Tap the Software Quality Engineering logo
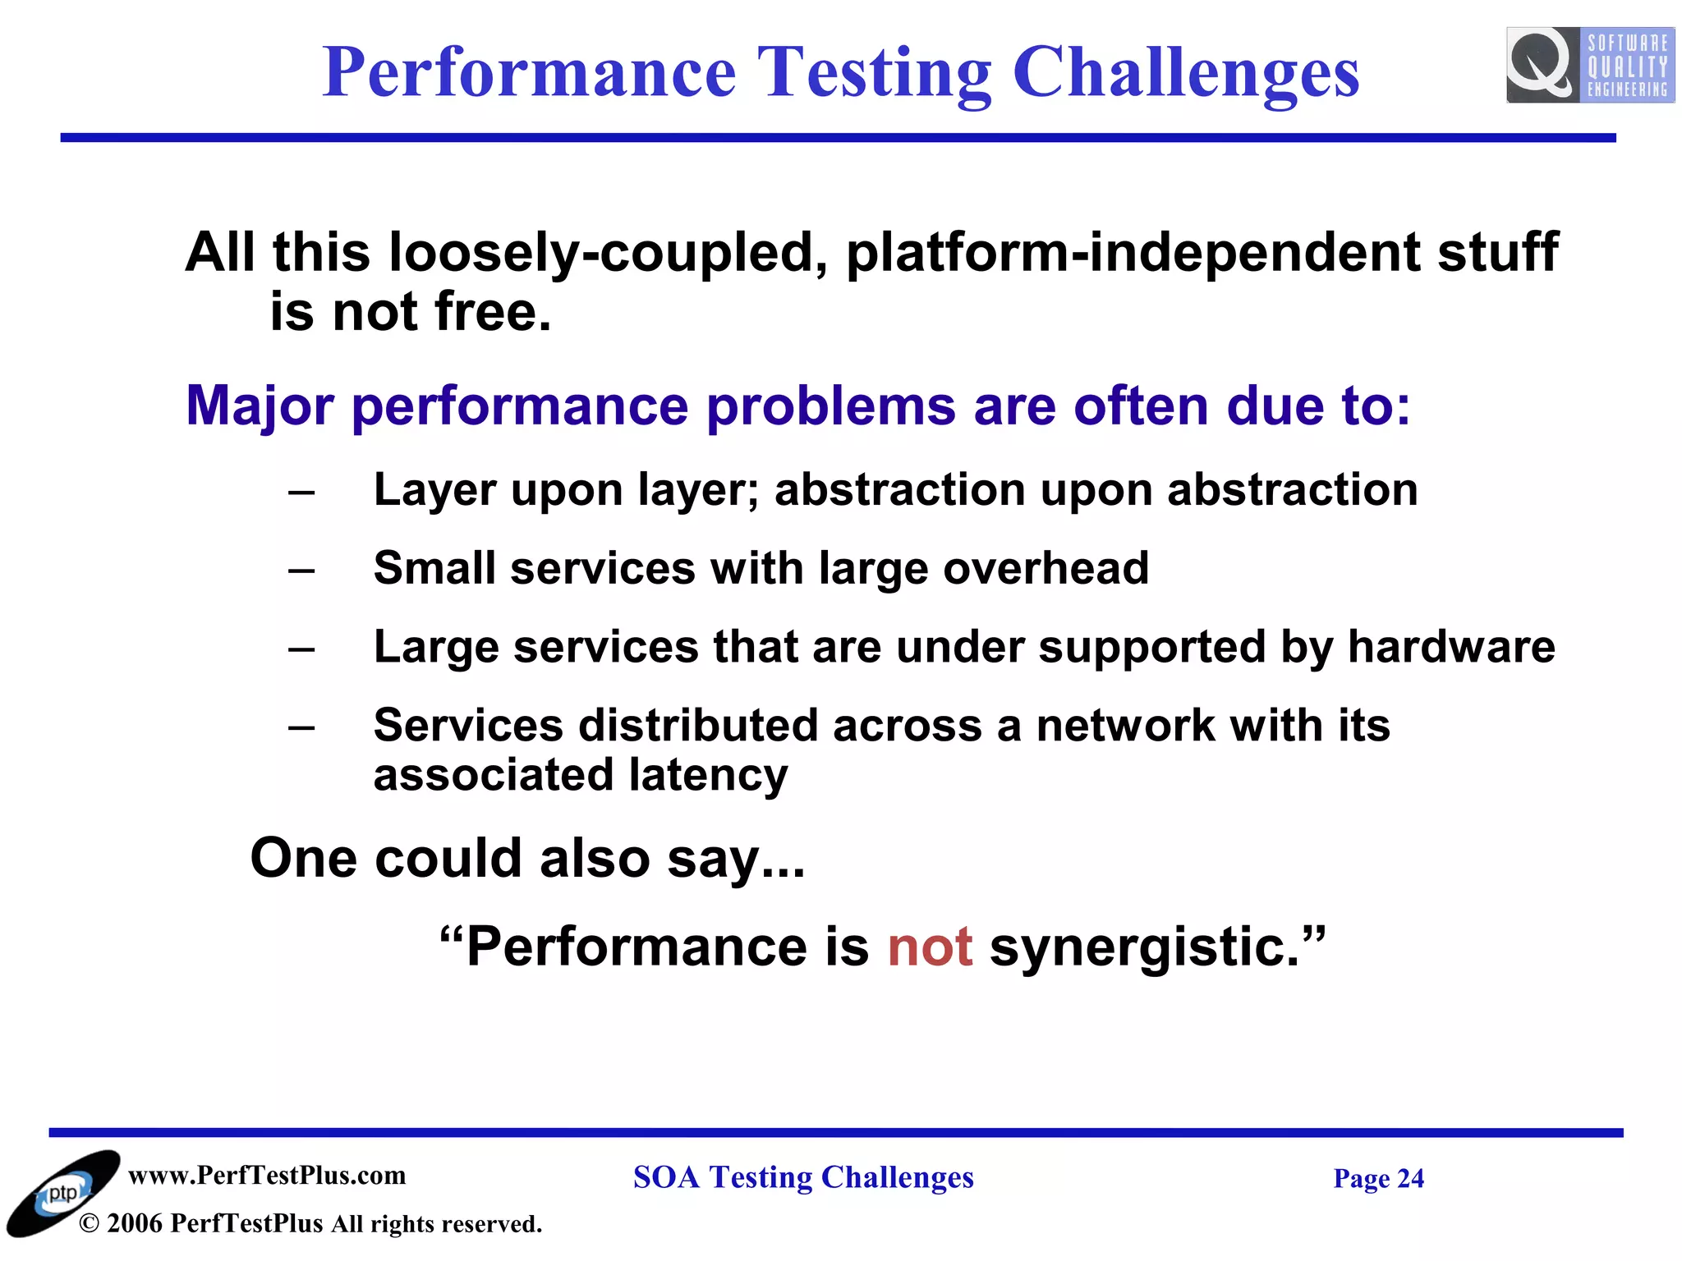1589,66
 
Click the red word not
930,947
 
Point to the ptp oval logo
62,1193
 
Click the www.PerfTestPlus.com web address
267,1175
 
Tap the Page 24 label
1378,1178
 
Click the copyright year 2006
134,1223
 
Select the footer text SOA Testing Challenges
802,1177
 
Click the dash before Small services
301,570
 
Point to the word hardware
1450,647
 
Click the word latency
708,775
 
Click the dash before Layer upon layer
301,492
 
